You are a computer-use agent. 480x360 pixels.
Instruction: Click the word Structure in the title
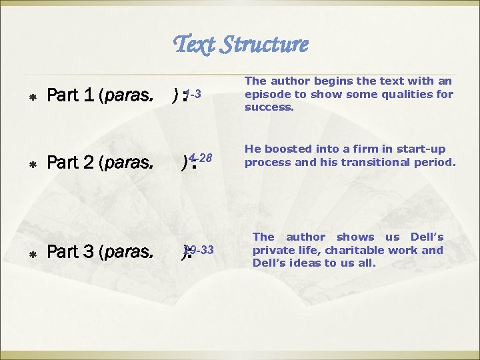tap(265, 45)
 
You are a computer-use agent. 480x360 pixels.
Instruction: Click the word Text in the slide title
tap(194, 45)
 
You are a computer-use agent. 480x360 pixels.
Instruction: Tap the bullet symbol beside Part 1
tap(33, 98)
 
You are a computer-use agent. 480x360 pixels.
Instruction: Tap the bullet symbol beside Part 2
tap(33, 163)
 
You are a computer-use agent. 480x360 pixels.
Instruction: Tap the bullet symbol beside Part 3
tap(33, 254)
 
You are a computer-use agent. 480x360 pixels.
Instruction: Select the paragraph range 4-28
tap(200, 158)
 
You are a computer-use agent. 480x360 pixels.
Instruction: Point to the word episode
tap(268, 94)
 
